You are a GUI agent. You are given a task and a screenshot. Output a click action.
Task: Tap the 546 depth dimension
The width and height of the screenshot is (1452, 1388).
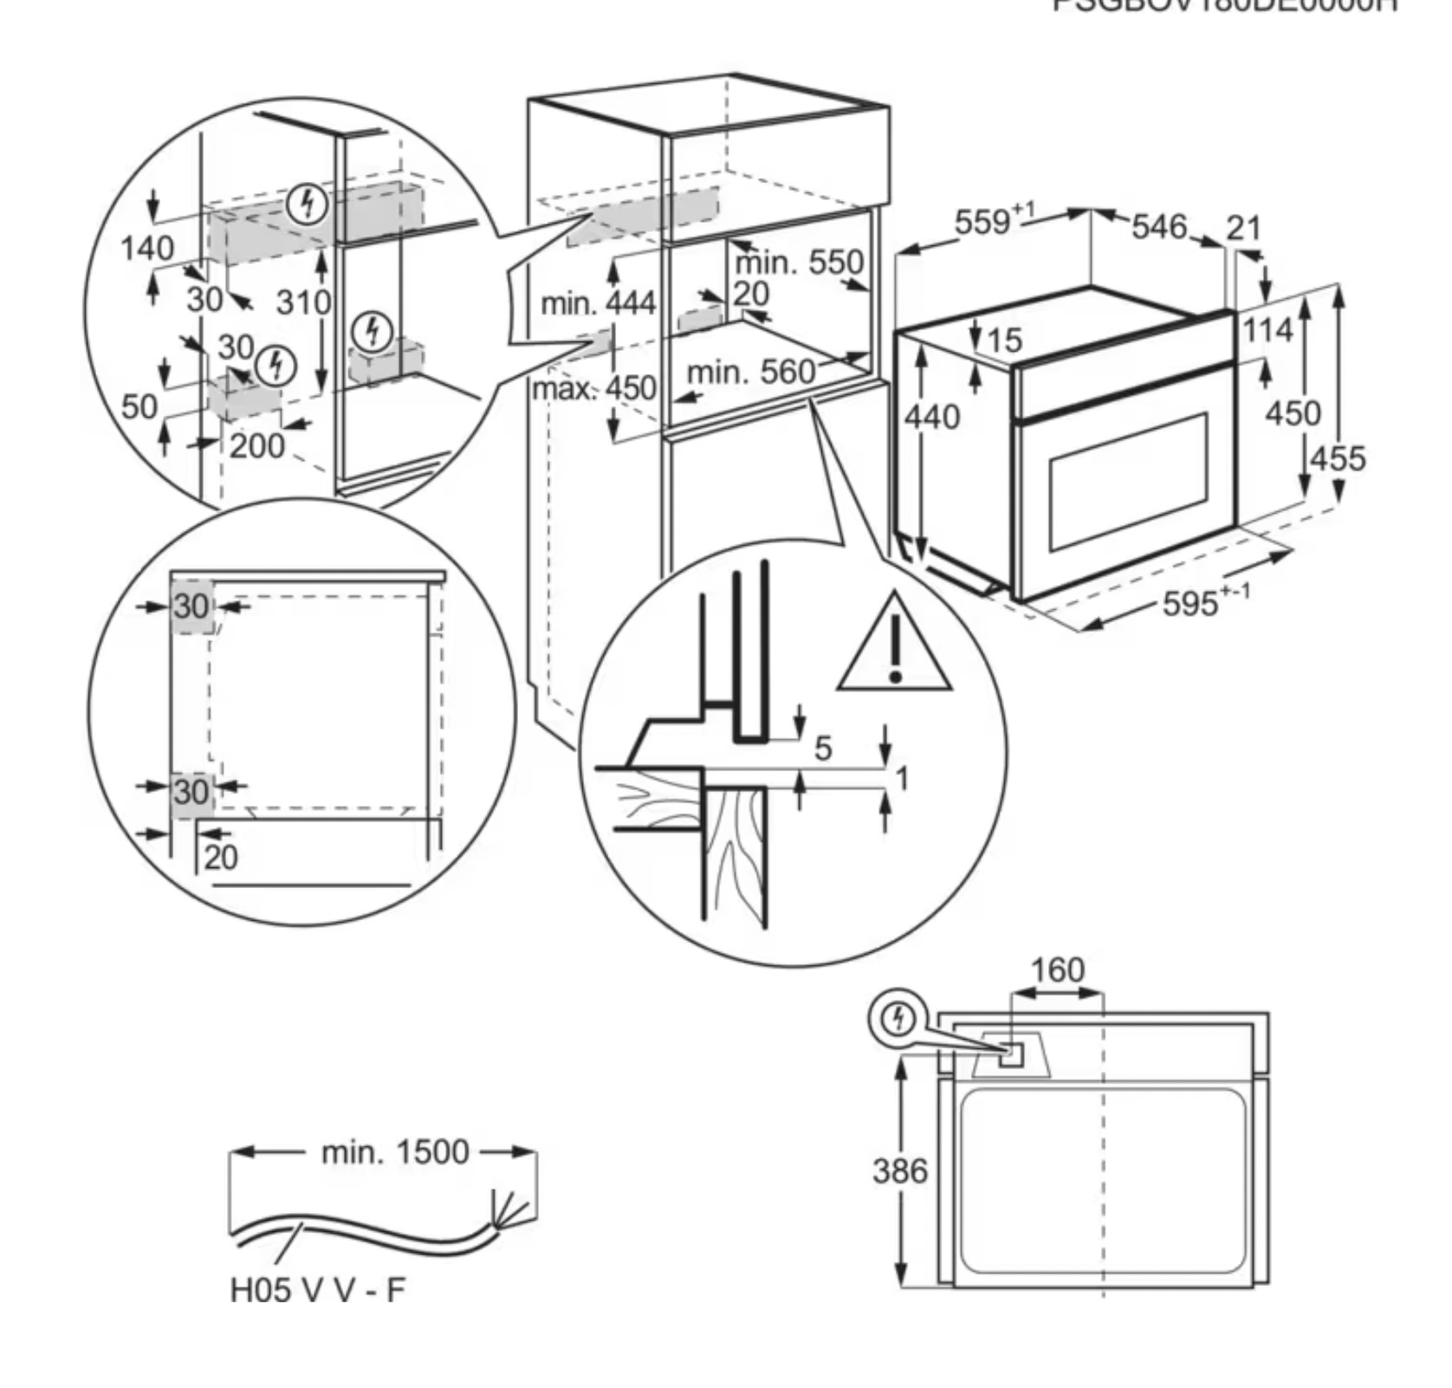(x=1158, y=227)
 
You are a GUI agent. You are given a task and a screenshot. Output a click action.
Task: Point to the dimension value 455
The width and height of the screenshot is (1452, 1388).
(x=1337, y=457)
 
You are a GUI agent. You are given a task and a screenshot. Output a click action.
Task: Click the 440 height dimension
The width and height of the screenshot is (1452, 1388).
(x=932, y=418)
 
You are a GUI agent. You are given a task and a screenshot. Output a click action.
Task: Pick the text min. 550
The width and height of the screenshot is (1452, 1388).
(x=799, y=262)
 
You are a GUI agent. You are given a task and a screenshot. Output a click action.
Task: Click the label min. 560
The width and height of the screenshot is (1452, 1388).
(x=750, y=373)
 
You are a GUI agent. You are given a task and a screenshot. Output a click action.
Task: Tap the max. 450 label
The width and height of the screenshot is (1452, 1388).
(x=594, y=387)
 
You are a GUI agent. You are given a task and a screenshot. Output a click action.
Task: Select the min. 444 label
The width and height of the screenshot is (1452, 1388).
(x=598, y=303)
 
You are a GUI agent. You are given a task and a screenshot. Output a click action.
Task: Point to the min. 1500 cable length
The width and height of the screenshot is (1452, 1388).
(x=394, y=1151)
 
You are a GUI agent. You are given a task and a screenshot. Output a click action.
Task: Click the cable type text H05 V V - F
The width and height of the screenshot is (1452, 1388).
(x=317, y=1290)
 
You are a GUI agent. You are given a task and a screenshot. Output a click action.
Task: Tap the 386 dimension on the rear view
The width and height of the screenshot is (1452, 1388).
(x=899, y=1171)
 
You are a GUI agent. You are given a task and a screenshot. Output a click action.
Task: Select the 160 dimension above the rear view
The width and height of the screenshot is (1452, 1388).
(x=1058, y=970)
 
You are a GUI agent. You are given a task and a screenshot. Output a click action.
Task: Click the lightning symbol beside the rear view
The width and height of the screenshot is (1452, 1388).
(x=898, y=1019)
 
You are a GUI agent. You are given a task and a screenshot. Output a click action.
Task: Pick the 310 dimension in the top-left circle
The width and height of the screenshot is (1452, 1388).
(x=303, y=302)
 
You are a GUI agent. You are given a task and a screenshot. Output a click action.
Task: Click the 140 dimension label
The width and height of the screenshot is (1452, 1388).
(x=146, y=249)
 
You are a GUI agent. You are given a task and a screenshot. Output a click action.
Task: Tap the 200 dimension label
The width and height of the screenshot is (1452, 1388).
(x=256, y=446)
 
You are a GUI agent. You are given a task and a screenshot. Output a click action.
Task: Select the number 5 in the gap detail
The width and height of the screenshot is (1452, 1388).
(x=823, y=748)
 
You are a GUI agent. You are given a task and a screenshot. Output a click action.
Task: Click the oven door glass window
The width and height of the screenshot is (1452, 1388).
(x=1128, y=481)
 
